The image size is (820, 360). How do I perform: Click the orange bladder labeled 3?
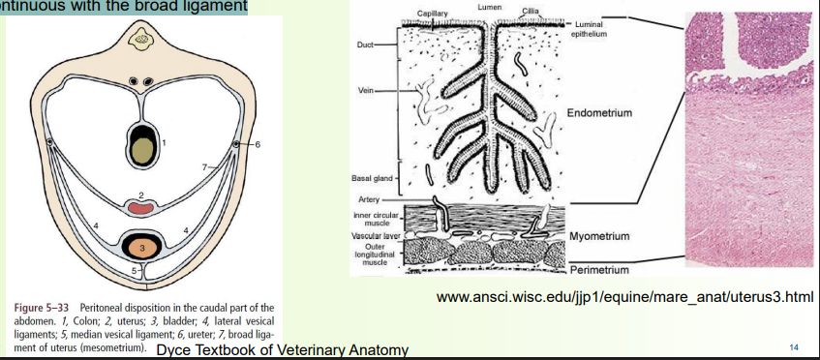pyautogui.click(x=143, y=248)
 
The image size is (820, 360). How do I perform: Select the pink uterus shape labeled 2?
pyautogui.click(x=141, y=206)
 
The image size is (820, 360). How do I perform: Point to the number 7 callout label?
pyautogui.click(x=204, y=168)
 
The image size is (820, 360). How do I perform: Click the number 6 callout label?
pyautogui.click(x=258, y=144)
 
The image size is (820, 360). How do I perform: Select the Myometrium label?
pyautogui.click(x=599, y=236)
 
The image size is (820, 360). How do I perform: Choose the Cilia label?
pyautogui.click(x=530, y=11)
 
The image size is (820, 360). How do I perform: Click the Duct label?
pyautogui.click(x=366, y=45)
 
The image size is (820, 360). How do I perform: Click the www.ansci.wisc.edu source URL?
pyautogui.click(x=623, y=295)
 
